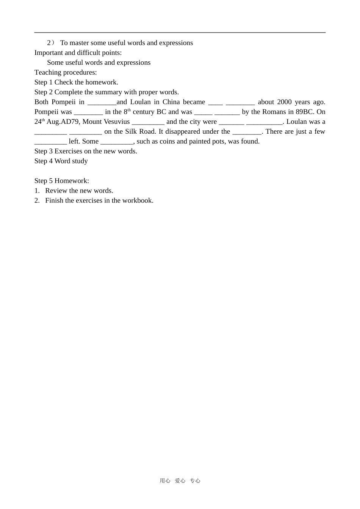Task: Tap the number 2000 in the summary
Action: pyautogui.click(x=284, y=102)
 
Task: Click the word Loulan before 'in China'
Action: pyautogui.click(x=140, y=102)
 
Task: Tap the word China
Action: pyautogui.click(x=171, y=102)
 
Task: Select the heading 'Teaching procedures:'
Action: pyautogui.click(x=66, y=72)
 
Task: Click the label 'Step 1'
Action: pyautogui.click(x=44, y=82)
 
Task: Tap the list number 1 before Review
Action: pyautogui.click(x=37, y=190)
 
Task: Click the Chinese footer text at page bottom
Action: pyautogui.click(x=180, y=481)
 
